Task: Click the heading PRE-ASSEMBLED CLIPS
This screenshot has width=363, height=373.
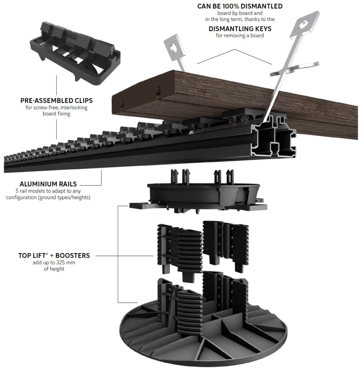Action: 56,101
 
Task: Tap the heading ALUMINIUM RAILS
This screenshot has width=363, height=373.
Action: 48,184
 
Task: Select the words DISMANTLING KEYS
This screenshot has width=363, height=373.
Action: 240,29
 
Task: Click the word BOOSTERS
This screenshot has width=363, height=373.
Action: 73,255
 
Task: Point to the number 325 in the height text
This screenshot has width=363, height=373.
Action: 59,263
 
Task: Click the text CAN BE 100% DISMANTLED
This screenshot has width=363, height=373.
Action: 240,6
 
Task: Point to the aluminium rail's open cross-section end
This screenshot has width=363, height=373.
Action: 275,137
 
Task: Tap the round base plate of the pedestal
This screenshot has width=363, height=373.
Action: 203,333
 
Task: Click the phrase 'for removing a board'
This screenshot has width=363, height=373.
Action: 240,36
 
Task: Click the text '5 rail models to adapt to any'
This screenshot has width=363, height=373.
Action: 48,191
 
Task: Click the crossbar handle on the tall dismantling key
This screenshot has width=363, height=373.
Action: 294,68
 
